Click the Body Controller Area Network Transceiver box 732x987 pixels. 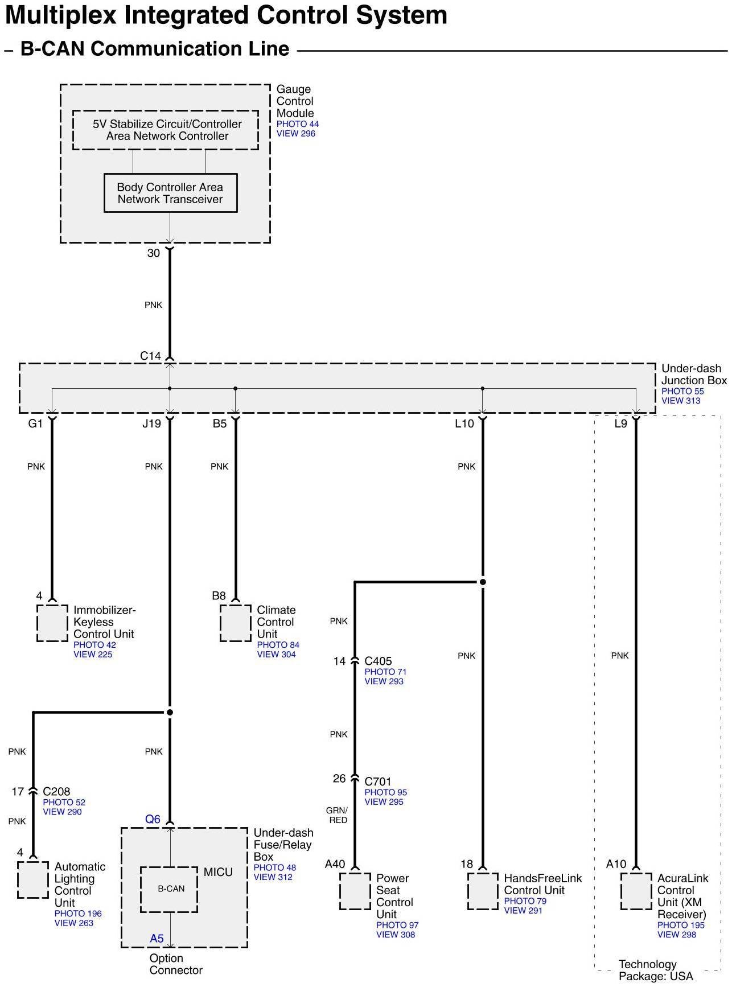pos(170,193)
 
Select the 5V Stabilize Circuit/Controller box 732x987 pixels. pos(165,130)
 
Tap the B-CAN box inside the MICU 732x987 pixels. pos(170,889)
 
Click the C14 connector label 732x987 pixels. pos(151,356)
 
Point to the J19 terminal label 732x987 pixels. pos(151,423)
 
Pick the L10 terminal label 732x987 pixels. pos(464,423)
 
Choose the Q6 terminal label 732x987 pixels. pos(153,819)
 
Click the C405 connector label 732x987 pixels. pos(378,661)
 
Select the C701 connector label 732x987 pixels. pos(378,782)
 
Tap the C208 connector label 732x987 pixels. pos(56,791)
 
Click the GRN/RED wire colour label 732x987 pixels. pos(338,815)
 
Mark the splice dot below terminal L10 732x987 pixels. pos(483,582)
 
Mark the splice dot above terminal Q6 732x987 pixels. pos(170,712)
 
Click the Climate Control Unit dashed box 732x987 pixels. pos(236,623)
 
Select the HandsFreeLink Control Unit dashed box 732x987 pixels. pos(483,891)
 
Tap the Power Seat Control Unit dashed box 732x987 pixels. pos(355,891)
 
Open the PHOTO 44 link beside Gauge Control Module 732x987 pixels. pos(297,124)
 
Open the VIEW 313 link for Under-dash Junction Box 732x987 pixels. pos(681,401)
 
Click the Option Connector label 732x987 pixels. pos(175,964)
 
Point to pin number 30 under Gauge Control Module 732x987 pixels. pos(154,253)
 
